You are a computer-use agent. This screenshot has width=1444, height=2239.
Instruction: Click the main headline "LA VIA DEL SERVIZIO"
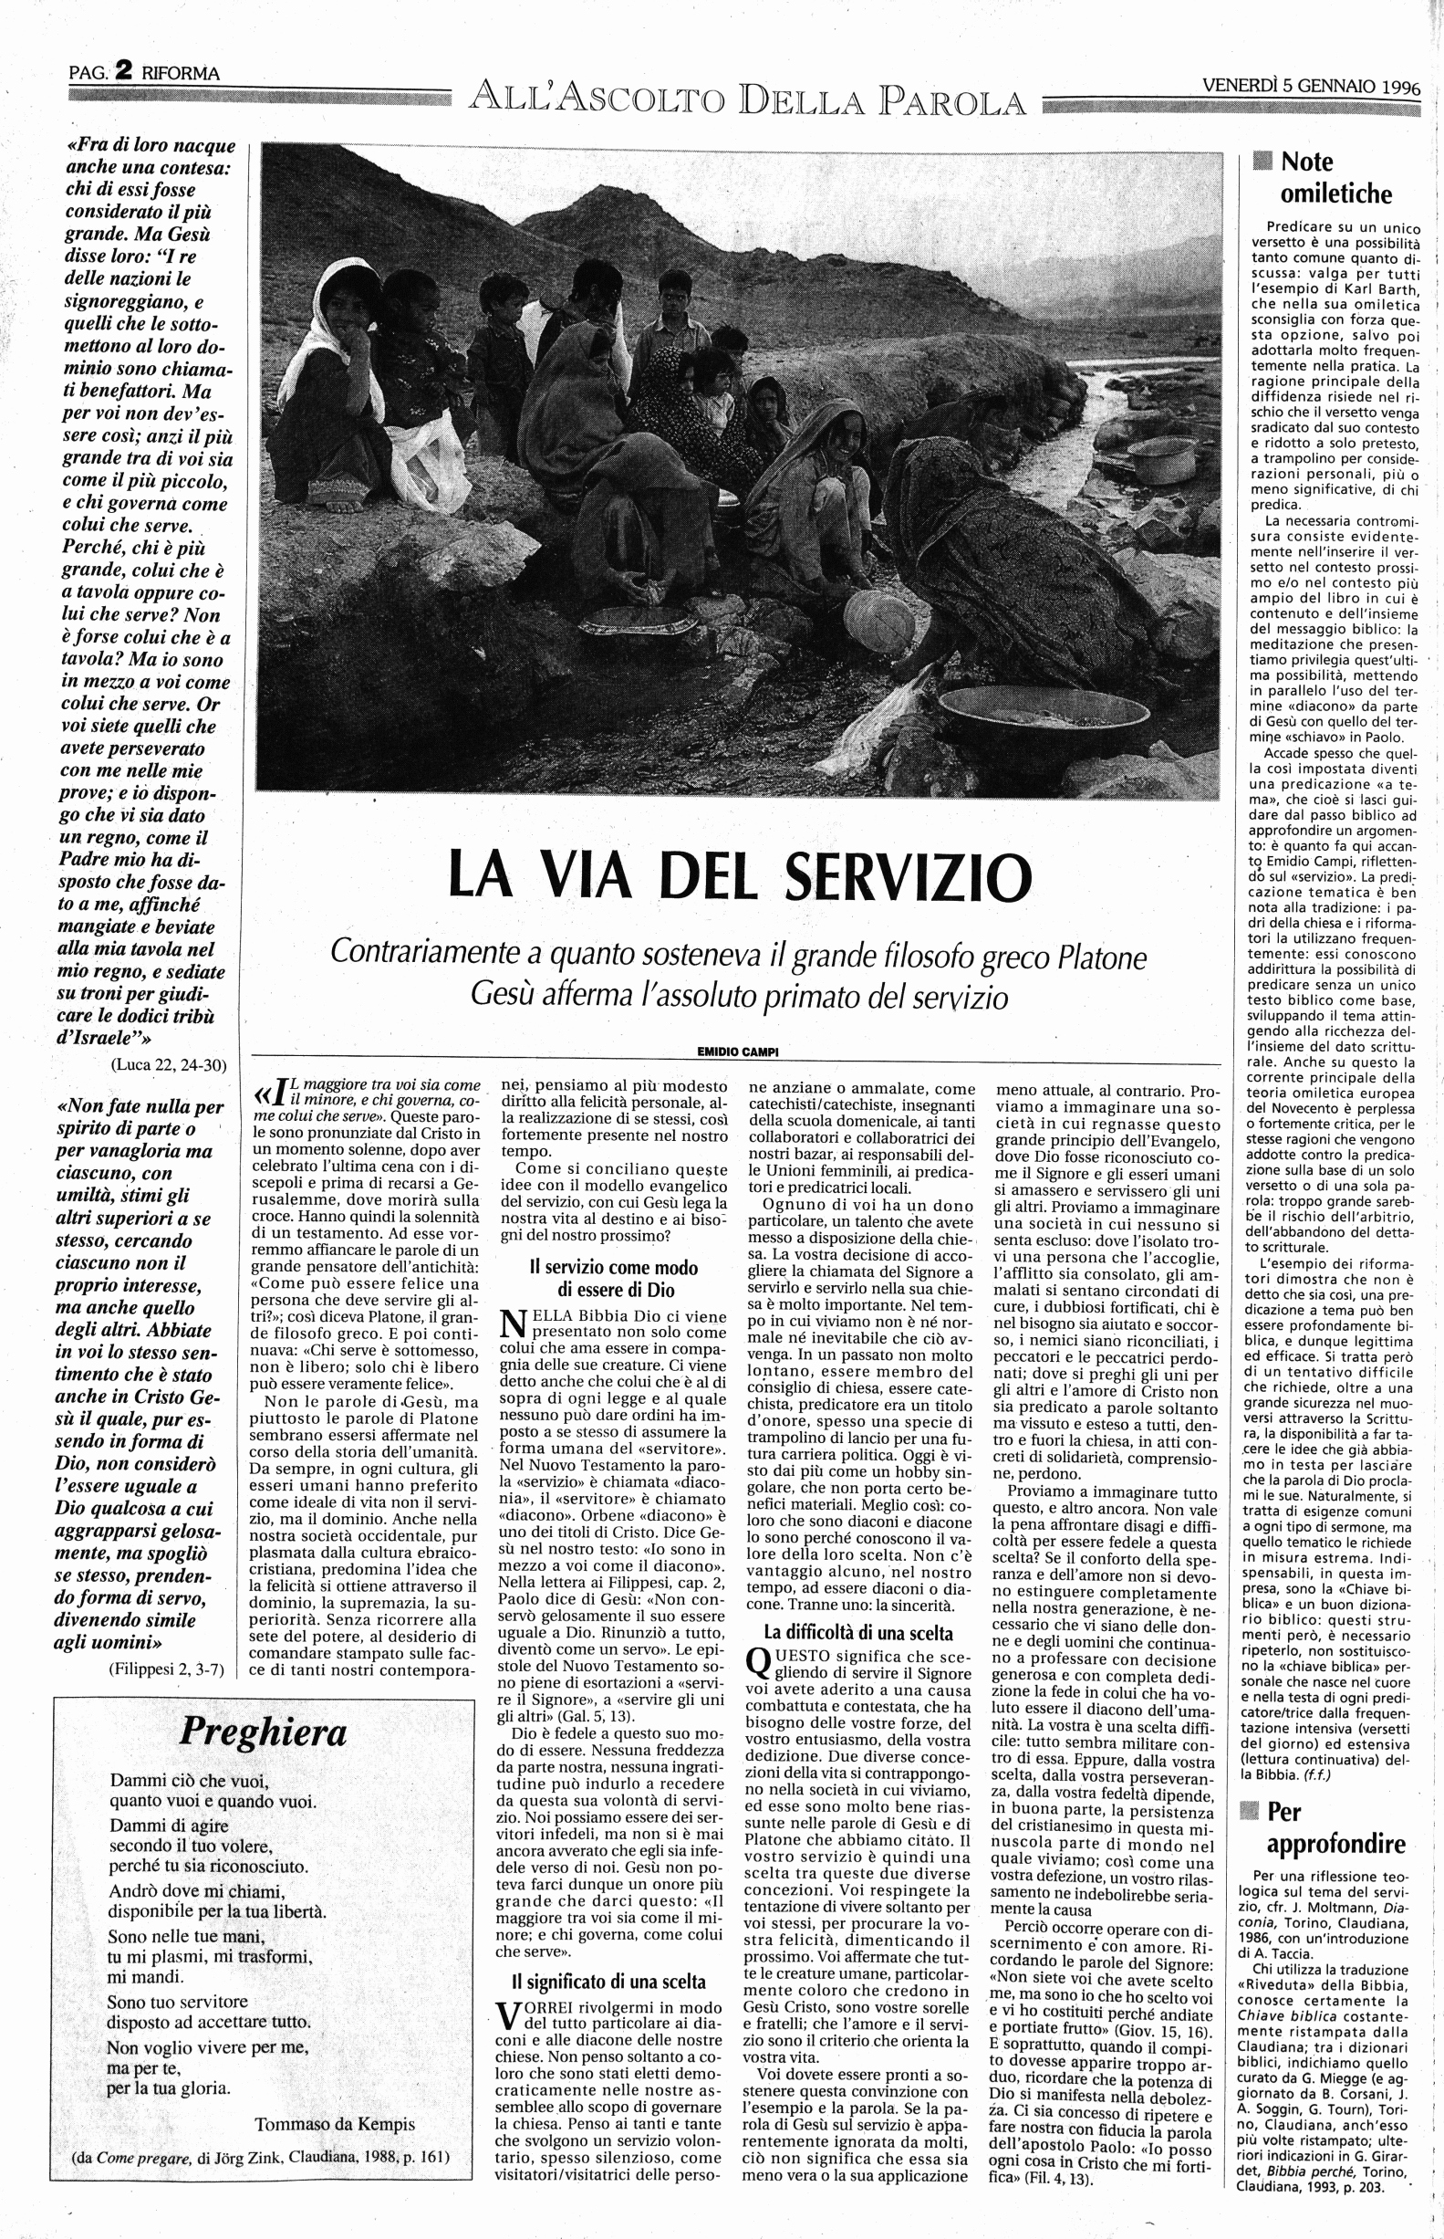point(740,876)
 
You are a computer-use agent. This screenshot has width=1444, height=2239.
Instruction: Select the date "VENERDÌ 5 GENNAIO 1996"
point(1310,87)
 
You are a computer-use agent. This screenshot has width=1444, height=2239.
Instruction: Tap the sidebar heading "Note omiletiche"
point(1335,178)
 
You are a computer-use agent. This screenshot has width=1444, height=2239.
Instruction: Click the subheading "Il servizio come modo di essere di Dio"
point(613,1279)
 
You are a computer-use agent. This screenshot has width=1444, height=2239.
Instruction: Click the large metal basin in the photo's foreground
point(1003,719)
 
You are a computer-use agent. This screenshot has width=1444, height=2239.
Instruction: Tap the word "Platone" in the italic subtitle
point(1099,957)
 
